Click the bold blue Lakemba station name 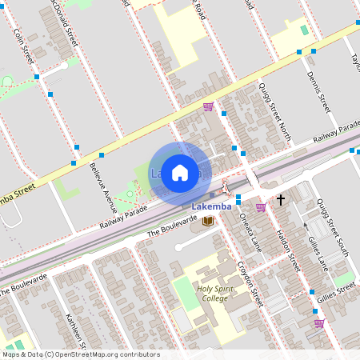point(213,206)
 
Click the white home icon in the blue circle point(180,173)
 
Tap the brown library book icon point(208,220)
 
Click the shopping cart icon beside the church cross point(261,207)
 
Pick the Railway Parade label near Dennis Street point(336,133)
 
